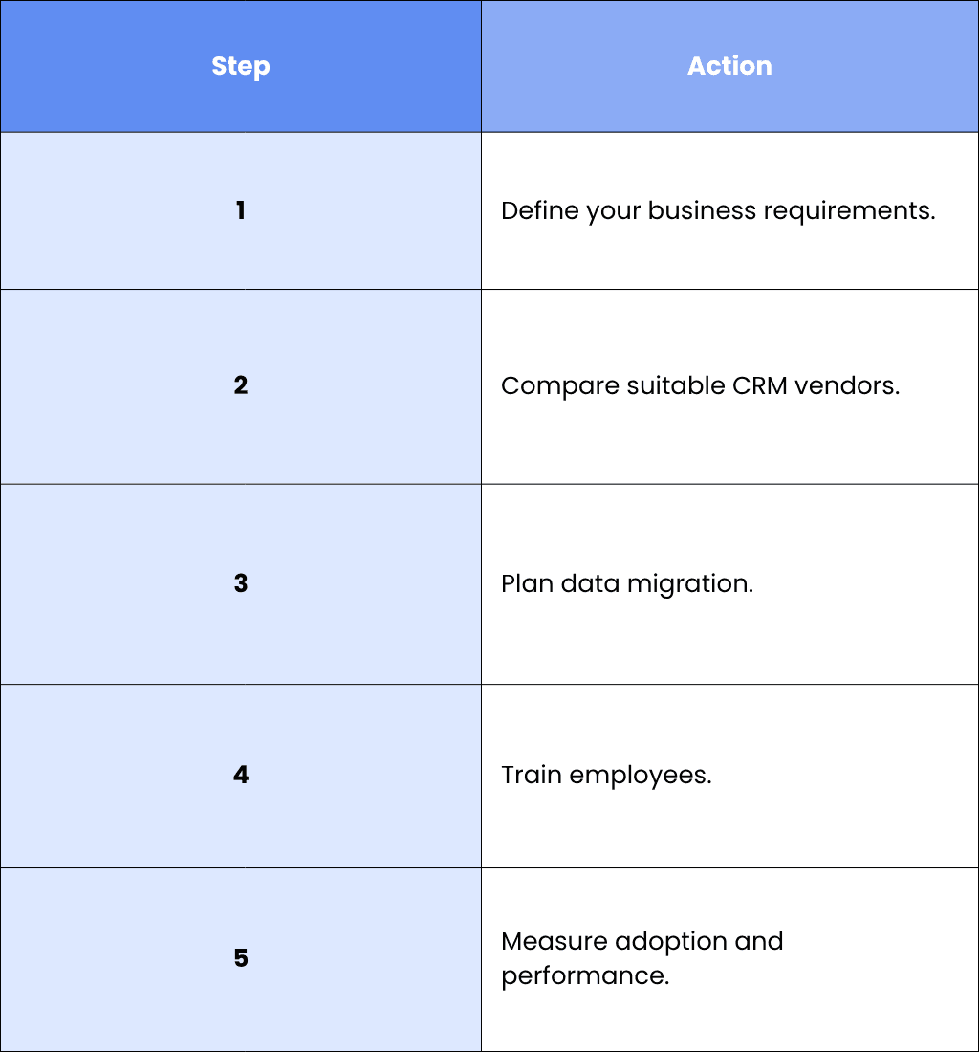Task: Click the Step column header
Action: tap(241, 66)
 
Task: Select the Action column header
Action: tap(729, 66)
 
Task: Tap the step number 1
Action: tap(241, 210)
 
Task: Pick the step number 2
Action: tap(241, 385)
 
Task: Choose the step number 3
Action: tap(241, 583)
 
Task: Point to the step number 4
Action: tap(241, 775)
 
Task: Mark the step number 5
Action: tap(241, 957)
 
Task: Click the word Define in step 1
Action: tap(540, 210)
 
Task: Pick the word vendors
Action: tap(847, 385)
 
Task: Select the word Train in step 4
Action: tap(532, 775)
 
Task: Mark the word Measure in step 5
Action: tap(555, 941)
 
